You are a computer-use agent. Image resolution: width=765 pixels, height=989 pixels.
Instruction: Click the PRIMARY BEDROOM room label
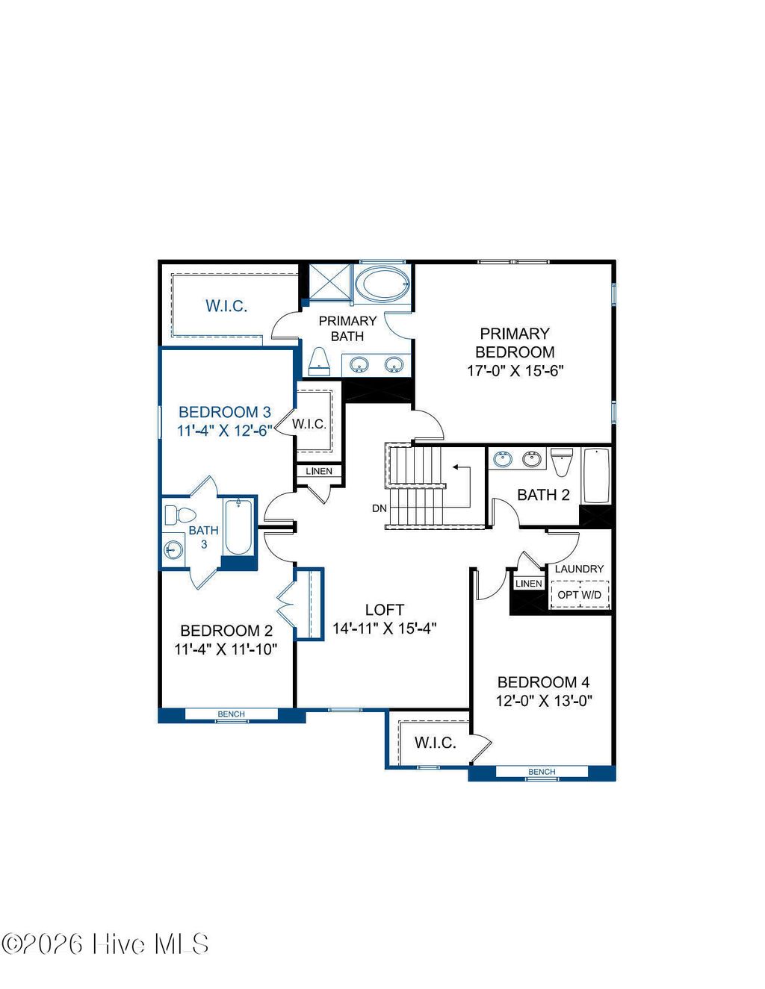pos(515,343)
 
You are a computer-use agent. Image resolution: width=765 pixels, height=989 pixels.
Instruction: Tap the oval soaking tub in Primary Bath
pos(382,284)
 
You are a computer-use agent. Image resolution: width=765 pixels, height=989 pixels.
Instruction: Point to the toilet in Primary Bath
pos(320,361)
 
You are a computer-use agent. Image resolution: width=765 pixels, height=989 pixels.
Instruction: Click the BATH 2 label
pos(543,495)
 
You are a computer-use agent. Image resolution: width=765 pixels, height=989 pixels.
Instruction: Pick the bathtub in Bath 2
pos(596,476)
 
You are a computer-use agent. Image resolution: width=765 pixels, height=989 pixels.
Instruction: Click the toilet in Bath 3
pos(179,515)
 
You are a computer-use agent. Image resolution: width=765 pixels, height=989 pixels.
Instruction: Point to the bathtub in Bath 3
pos(238,527)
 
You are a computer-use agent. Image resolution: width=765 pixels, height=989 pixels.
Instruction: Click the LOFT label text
pos(385,610)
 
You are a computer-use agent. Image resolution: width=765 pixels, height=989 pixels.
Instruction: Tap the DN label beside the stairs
pos(380,508)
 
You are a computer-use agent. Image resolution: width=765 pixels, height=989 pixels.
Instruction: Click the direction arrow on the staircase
pos(457,469)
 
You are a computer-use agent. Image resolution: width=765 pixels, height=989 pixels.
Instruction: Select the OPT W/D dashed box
pos(580,595)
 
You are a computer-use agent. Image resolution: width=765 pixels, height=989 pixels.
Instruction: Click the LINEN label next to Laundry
pos(529,584)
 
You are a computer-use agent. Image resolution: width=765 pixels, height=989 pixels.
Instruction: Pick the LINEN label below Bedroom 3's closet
pos(319,471)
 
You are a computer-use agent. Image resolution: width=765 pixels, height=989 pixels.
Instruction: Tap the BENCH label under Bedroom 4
pos(542,772)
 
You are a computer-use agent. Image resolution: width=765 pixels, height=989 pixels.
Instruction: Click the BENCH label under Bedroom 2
pos(231,714)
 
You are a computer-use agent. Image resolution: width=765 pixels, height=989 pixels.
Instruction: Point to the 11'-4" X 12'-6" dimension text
pos(224,431)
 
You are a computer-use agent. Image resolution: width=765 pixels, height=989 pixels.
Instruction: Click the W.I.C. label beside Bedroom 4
pos(435,743)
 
